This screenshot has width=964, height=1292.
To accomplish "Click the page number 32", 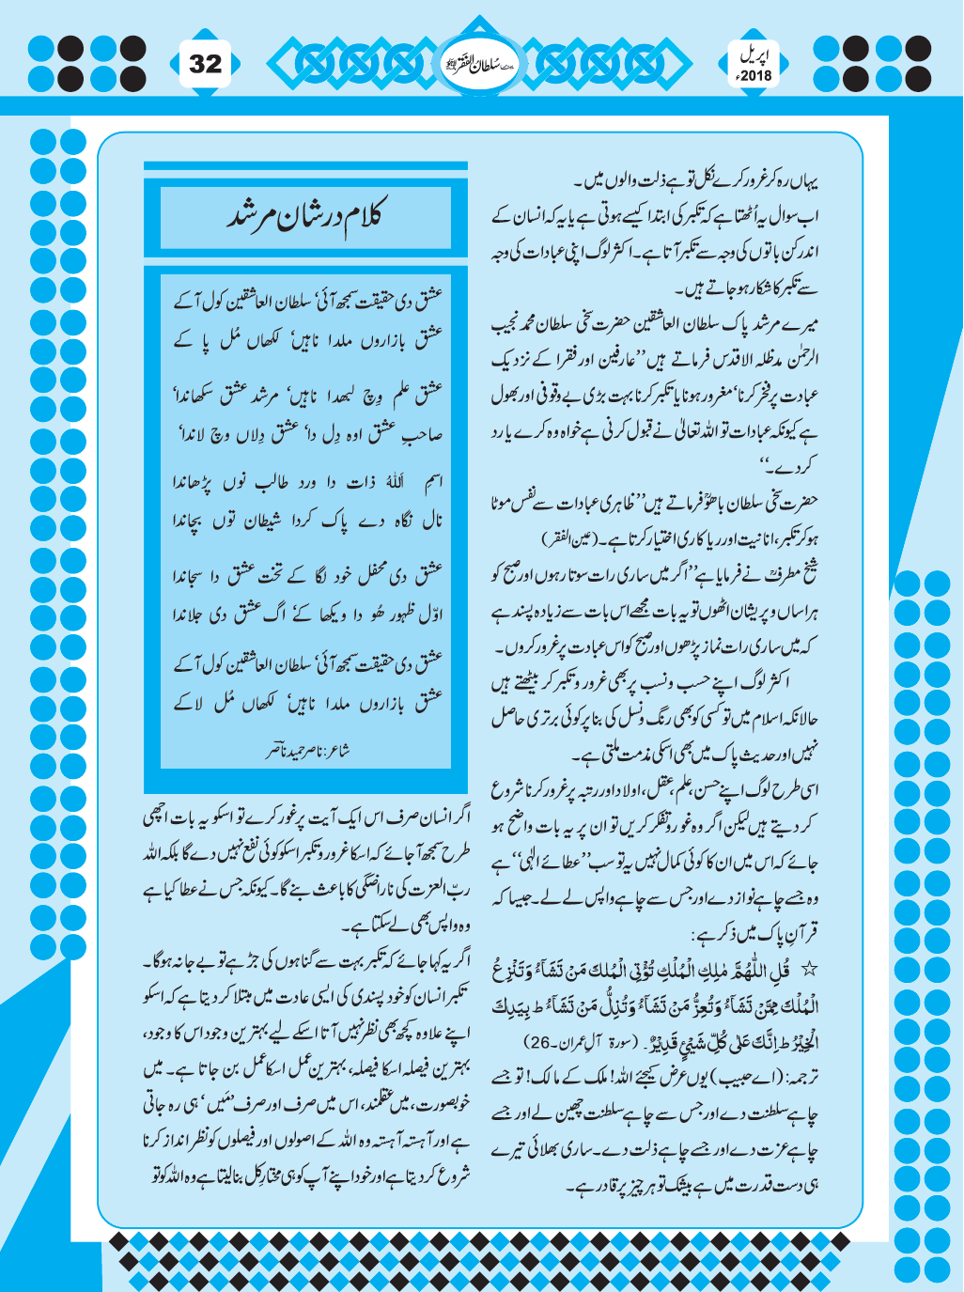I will pyautogui.click(x=206, y=63).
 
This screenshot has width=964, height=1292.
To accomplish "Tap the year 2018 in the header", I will pyautogui.click(x=754, y=75).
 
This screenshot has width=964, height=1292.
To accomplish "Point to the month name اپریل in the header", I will pyautogui.click(x=754, y=55).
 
